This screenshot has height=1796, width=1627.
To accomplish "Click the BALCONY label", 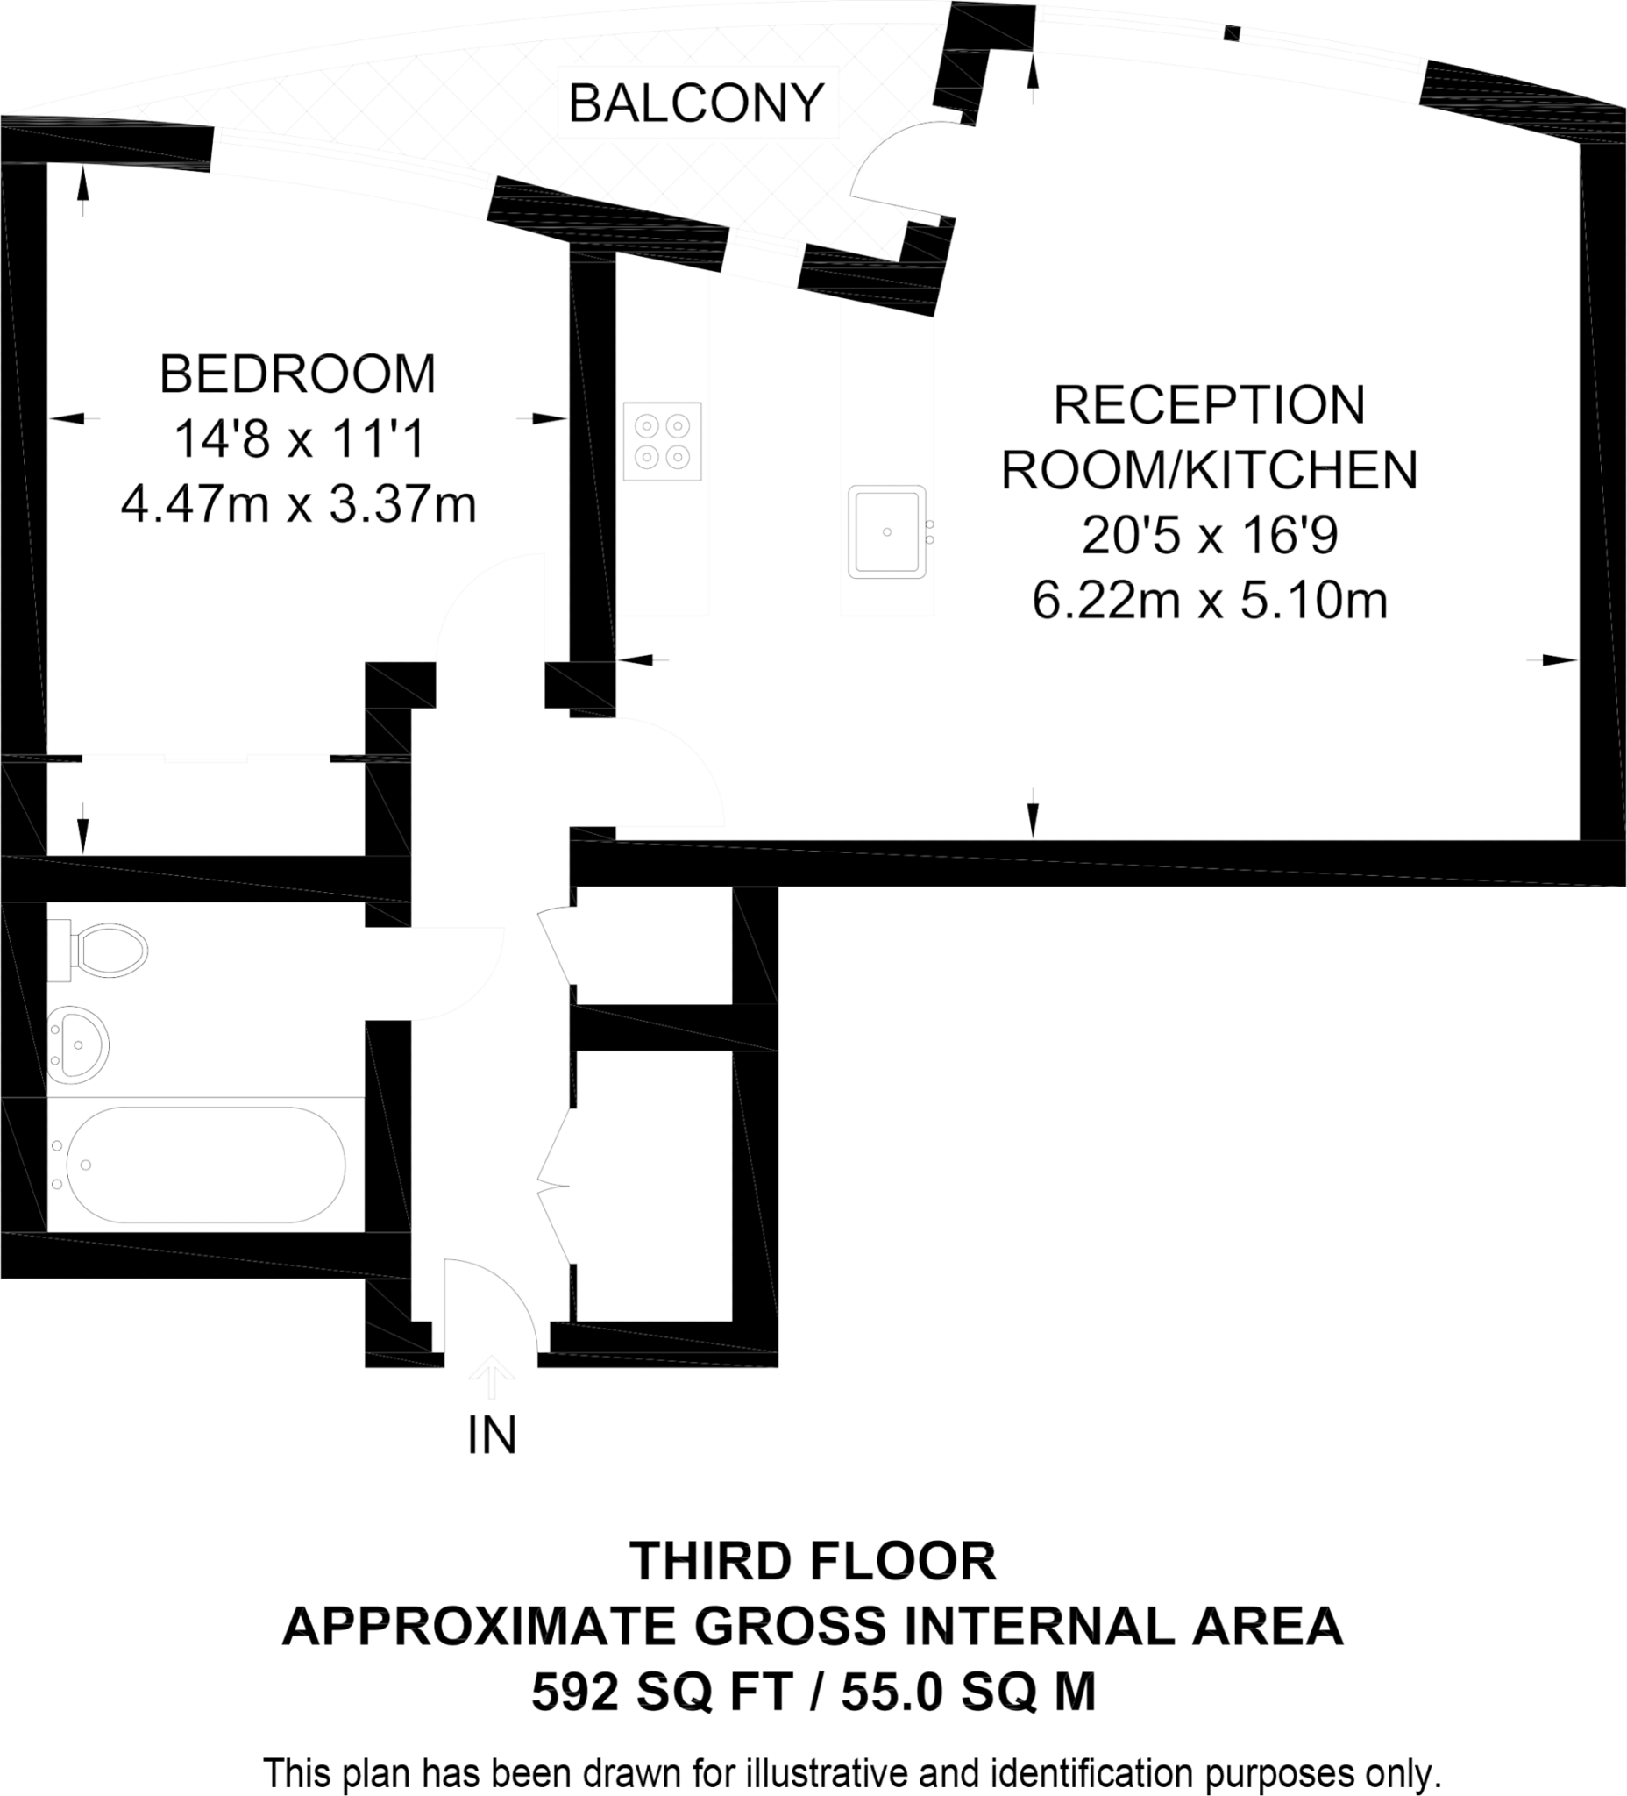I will (695, 103).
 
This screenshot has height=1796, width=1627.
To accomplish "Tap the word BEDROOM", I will (297, 374).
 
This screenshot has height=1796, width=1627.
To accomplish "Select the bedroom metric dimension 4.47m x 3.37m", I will (298, 505).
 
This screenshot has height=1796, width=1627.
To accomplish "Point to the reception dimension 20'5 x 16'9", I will (1210, 537).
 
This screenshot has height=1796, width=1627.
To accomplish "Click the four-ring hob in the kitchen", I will (663, 442).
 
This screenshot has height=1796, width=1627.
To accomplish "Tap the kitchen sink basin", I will (887, 531).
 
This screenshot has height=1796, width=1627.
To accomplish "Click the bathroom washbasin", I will (78, 1044).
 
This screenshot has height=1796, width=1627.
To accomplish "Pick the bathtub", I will (205, 1165).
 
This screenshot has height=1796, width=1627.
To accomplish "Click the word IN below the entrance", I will (492, 1435).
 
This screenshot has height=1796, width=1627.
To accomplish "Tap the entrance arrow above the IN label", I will (492, 1378).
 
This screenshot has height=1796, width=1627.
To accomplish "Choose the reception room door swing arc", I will (677, 766).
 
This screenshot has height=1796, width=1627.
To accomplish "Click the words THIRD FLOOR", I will (812, 1562).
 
